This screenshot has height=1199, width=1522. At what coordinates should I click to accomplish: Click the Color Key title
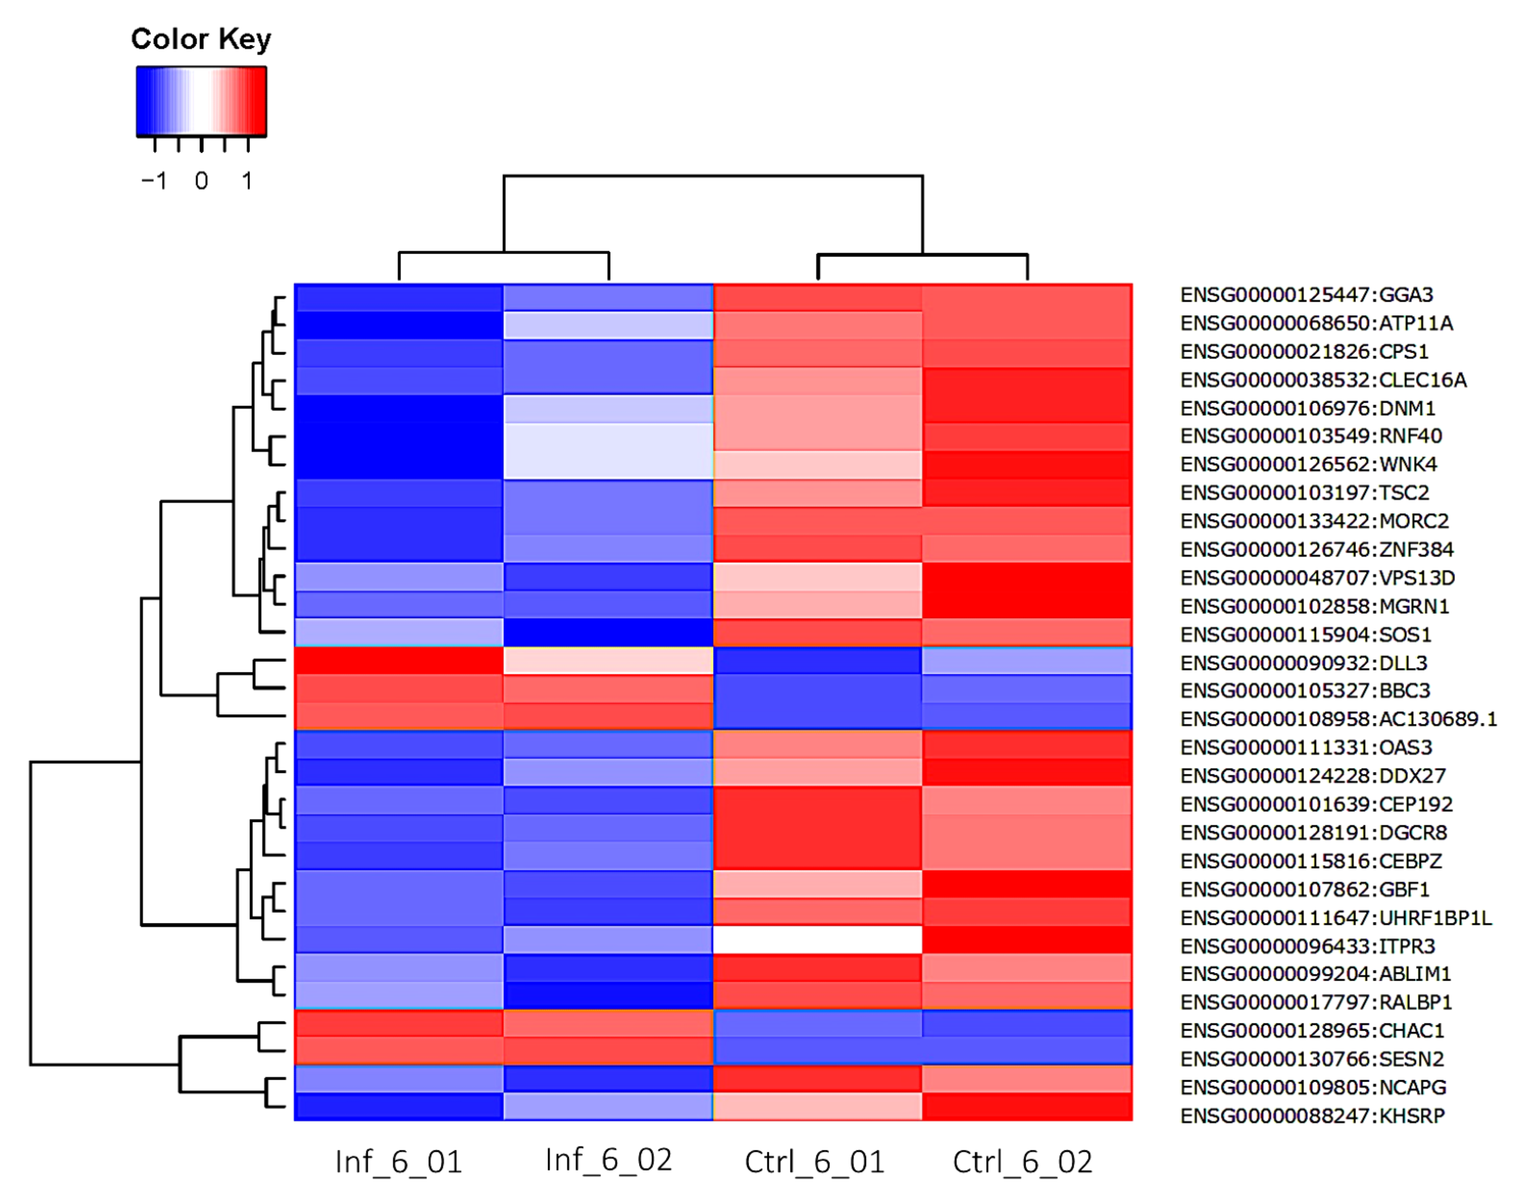coord(201,39)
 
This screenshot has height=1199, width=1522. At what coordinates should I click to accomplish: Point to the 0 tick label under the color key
coord(201,181)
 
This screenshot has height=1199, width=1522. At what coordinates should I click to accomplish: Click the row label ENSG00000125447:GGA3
coord(1306,295)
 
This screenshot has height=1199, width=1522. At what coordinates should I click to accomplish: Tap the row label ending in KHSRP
coord(1312,1116)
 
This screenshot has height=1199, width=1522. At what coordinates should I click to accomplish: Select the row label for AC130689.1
coord(1338,719)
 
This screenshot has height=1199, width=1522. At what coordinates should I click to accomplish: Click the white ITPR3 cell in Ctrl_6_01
coord(817,940)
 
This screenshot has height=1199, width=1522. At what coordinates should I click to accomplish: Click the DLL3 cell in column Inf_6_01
coord(399,661)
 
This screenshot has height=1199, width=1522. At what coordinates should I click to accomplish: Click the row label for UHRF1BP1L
coord(1335,917)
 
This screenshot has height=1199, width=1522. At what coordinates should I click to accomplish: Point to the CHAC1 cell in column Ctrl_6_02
coord(1027,1023)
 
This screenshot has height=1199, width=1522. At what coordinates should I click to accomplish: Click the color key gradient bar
coord(201,100)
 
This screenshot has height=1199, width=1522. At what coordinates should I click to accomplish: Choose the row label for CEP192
coord(1316,804)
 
